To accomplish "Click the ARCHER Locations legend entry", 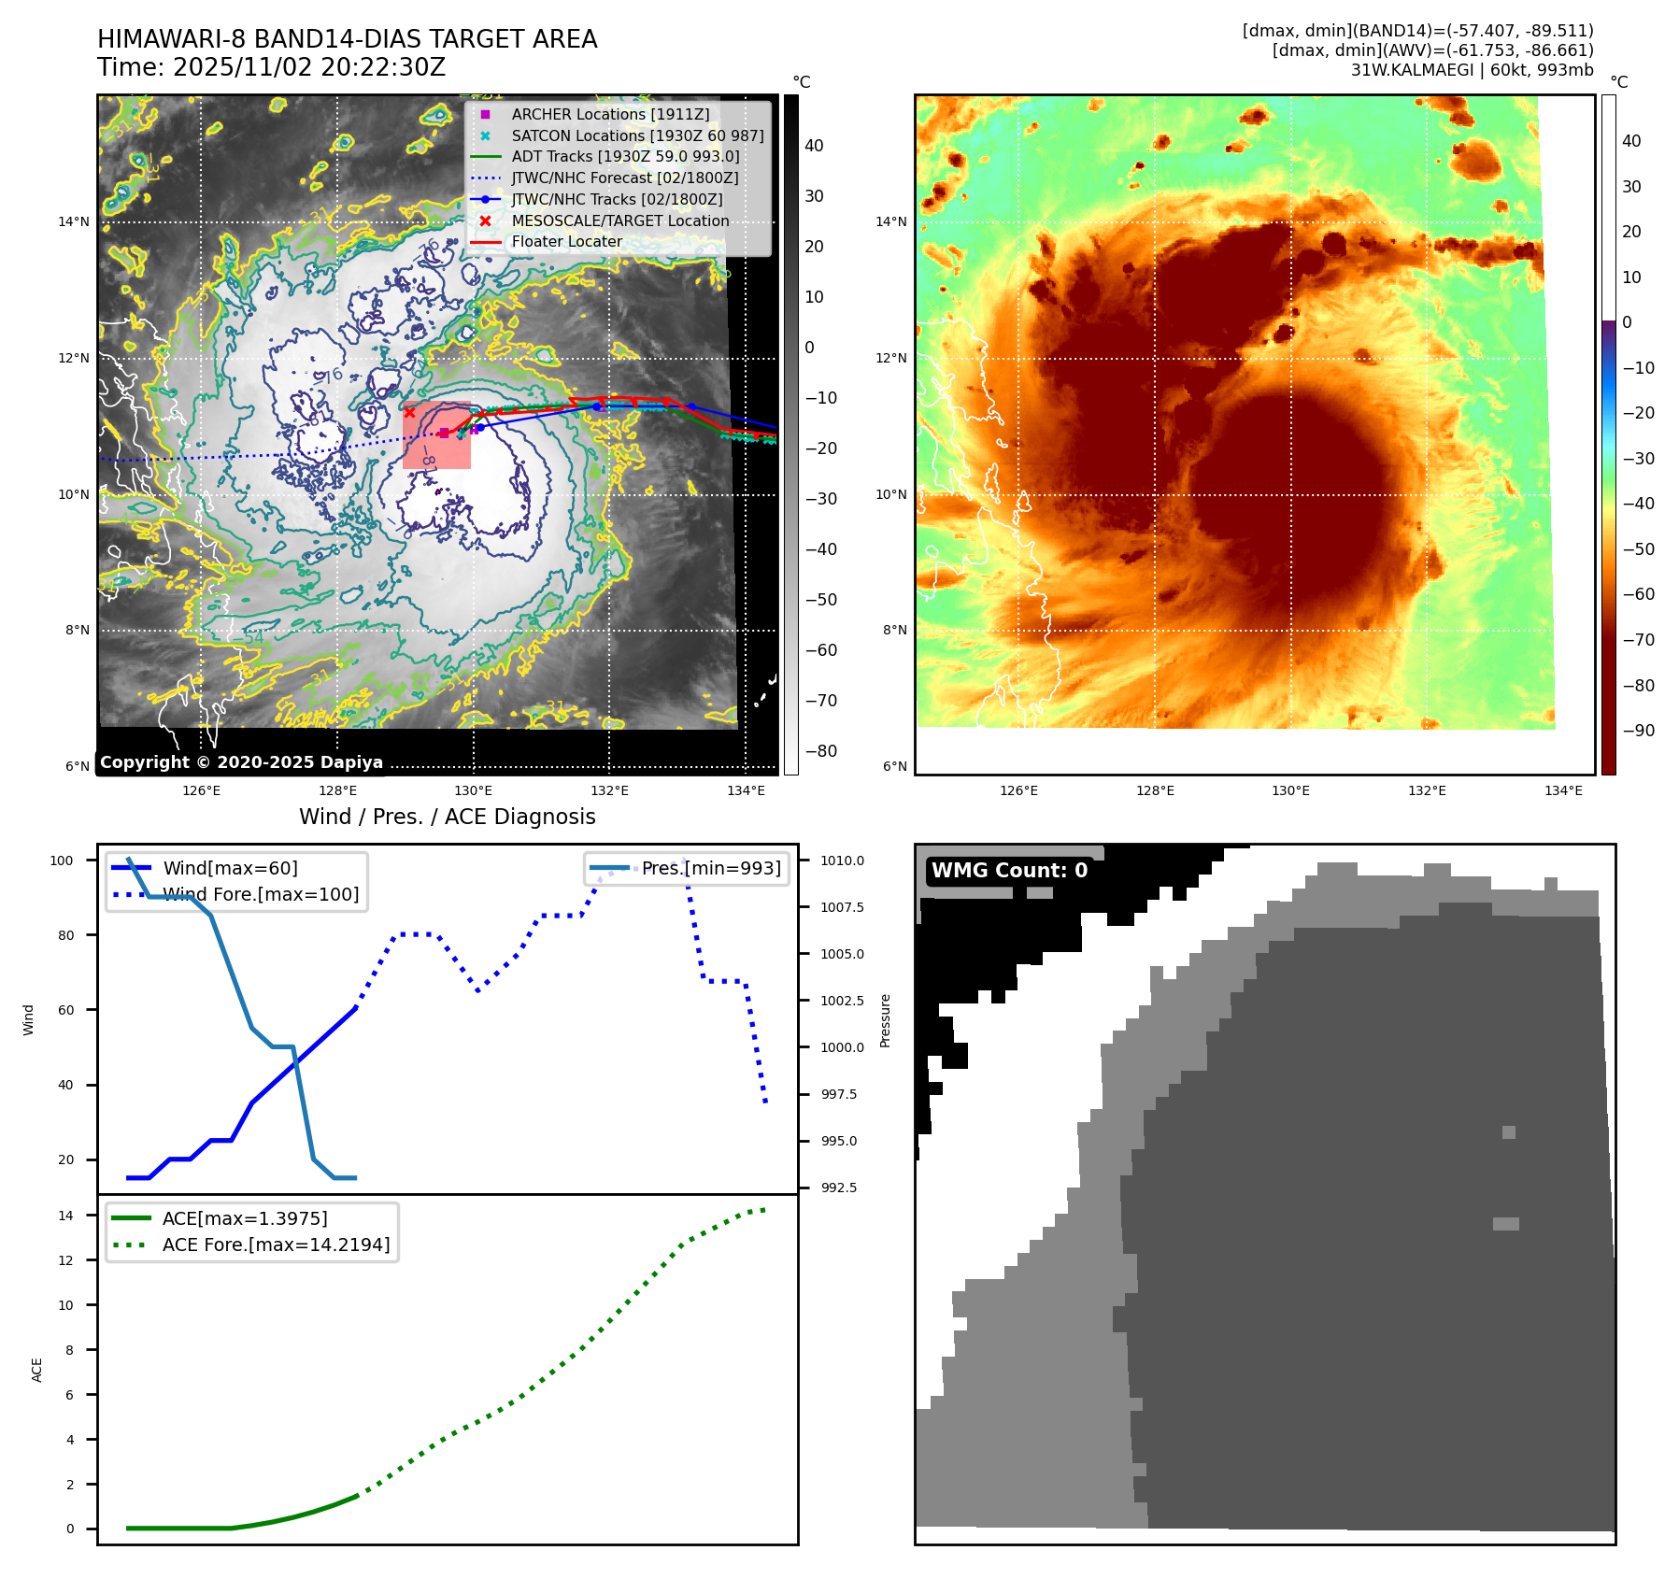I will (610, 114).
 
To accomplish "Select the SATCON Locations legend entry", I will (637, 135).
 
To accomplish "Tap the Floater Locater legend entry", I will (566, 241).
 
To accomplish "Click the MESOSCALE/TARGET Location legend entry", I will (619, 220).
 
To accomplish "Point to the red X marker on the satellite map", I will (409, 412).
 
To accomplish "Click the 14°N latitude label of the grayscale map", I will (74, 222).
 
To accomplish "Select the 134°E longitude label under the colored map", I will (1563, 790).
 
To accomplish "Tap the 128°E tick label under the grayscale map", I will (337, 790).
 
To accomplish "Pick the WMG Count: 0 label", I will (1009, 871).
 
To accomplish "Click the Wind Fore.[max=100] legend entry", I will (261, 894).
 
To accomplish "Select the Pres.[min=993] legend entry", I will (710, 868).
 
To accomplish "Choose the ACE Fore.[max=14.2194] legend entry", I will (276, 1245).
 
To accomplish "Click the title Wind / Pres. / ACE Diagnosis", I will (447, 817).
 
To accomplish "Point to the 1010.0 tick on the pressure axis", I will (842, 861).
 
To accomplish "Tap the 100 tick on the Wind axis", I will (62, 861).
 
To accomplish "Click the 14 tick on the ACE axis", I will (65, 1216).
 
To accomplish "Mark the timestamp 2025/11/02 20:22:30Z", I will (309, 67).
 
